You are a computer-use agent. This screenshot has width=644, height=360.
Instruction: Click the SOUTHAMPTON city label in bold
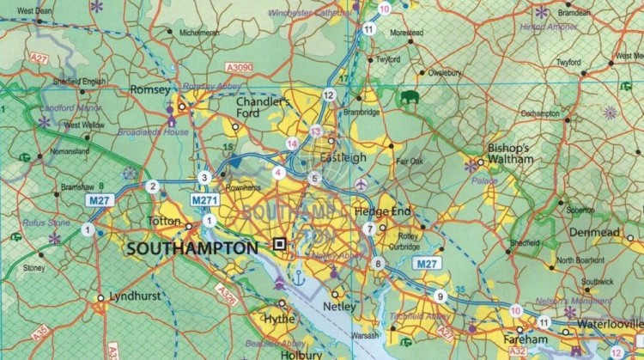tap(191, 247)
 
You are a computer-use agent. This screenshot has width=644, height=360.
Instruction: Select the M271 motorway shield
tap(204, 200)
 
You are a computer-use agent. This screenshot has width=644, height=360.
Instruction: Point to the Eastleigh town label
tap(342, 158)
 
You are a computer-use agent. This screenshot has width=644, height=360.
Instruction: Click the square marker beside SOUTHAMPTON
tap(278, 245)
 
